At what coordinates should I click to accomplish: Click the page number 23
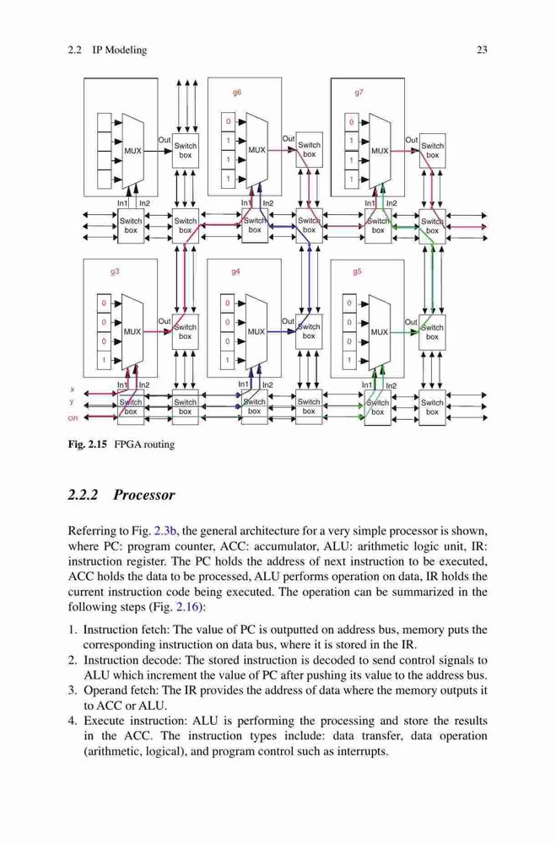(482, 50)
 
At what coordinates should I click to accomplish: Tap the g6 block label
(237, 92)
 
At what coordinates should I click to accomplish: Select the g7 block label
(359, 92)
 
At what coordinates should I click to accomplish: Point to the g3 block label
(115, 272)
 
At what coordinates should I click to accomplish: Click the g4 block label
(235, 272)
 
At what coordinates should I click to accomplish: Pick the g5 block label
(357, 272)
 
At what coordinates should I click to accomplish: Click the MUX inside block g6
(256, 150)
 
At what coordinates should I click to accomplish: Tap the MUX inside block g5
(380, 331)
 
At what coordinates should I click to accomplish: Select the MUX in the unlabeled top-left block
(133, 151)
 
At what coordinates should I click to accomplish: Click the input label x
(72, 389)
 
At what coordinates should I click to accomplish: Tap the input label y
(72, 402)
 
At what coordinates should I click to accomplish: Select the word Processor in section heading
(143, 495)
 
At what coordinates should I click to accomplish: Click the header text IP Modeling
(120, 50)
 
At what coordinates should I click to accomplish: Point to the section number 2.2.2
(83, 495)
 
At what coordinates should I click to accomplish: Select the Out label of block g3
(165, 321)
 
